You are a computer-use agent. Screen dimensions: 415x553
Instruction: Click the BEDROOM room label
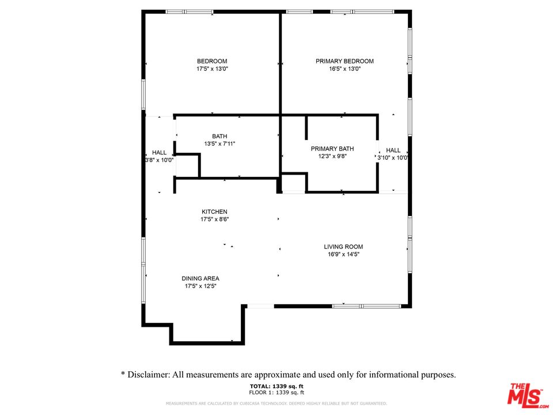pos(211,61)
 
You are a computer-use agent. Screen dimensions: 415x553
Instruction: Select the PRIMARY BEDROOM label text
pos(344,61)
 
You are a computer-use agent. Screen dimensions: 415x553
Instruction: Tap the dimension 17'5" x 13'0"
pos(211,69)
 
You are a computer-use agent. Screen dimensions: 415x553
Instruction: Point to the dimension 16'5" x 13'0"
pos(344,69)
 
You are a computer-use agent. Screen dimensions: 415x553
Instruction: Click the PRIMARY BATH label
pos(332,148)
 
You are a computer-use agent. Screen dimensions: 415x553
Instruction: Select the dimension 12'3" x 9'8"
pos(332,156)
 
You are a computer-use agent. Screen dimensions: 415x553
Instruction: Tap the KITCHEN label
pos(214,212)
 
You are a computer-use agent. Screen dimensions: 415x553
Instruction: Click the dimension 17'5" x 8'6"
pos(214,219)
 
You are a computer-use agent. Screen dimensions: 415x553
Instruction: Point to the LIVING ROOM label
pos(343,247)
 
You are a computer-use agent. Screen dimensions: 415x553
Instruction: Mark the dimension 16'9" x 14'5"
pos(343,254)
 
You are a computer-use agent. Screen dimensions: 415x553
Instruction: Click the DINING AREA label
pos(200,278)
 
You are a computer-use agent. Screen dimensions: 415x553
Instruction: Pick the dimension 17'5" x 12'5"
pos(200,286)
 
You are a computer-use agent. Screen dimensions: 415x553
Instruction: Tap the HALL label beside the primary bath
pos(393,150)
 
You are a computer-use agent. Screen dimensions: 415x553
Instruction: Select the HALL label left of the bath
pos(159,153)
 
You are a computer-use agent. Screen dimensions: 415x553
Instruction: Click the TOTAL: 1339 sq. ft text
pos(276,386)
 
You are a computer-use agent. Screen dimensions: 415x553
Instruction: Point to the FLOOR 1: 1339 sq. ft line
pos(276,392)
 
